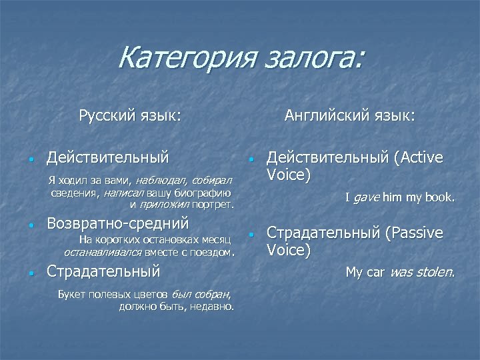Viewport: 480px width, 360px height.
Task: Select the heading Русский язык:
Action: [129, 116]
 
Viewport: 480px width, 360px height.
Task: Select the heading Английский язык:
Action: [349, 116]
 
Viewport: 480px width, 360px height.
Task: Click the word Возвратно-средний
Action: [118, 223]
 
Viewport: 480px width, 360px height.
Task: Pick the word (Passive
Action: [413, 233]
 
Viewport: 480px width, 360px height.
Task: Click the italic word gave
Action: [366, 197]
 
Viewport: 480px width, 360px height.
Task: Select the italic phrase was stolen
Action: [421, 272]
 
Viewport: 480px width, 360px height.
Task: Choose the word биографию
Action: [202, 193]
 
